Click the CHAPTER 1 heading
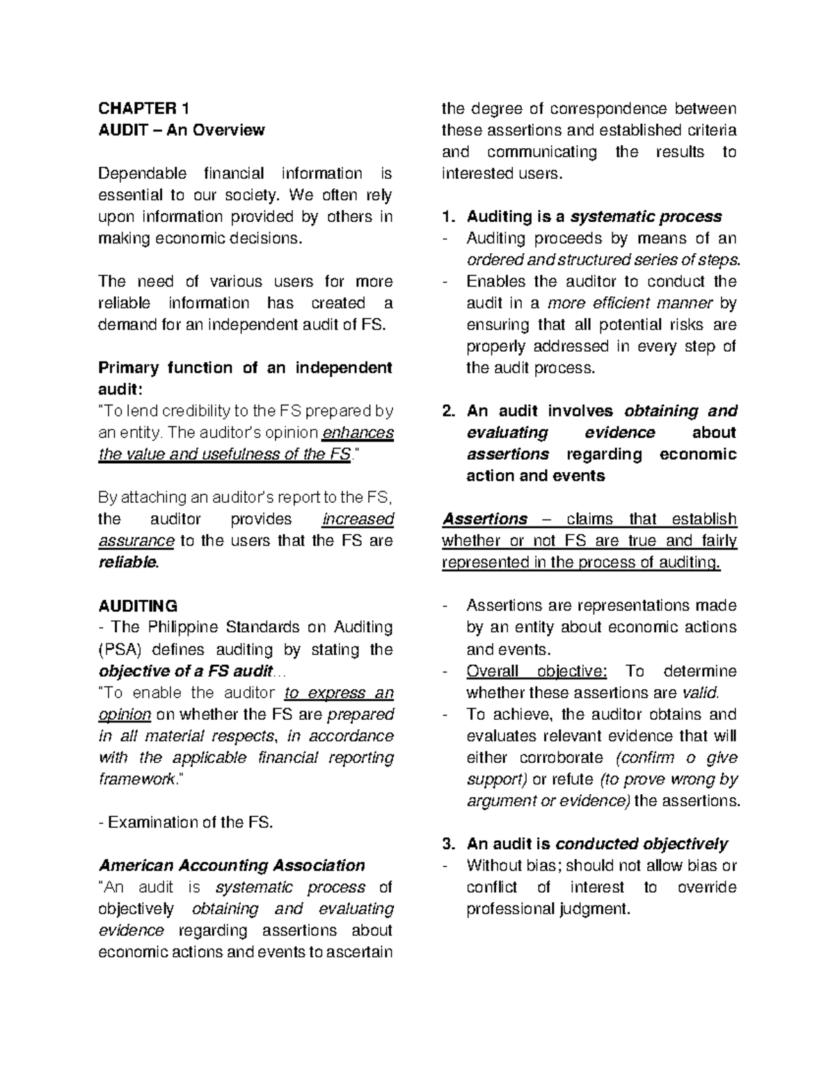pyautogui.click(x=143, y=108)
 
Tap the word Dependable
pyautogui.click(x=143, y=173)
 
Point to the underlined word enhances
pyautogui.click(x=358, y=433)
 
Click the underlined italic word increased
pyautogui.click(x=358, y=519)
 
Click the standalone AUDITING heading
pyautogui.click(x=138, y=606)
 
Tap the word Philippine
pyautogui.click(x=184, y=627)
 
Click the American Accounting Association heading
pyautogui.click(x=232, y=866)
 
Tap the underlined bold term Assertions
pyautogui.click(x=485, y=519)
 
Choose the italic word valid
pyautogui.click(x=700, y=693)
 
